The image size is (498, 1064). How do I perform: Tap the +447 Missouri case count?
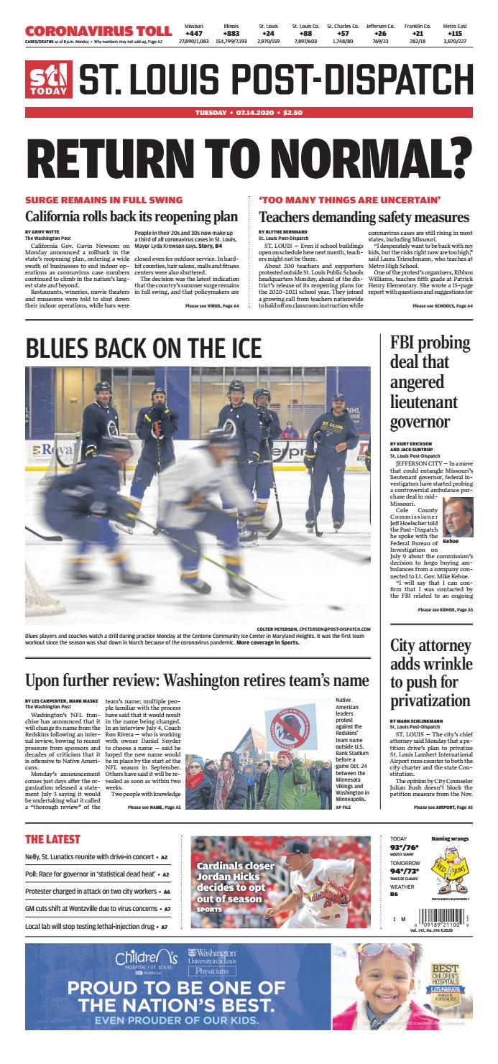pyautogui.click(x=193, y=33)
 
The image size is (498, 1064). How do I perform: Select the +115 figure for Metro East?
pyautogui.click(x=455, y=33)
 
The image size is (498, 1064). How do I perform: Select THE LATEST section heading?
pyautogui.click(x=52, y=839)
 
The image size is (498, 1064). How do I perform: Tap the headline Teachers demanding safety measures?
pyautogui.click(x=364, y=216)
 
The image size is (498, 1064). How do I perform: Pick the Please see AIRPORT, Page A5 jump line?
pyautogui.click(x=443, y=808)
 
